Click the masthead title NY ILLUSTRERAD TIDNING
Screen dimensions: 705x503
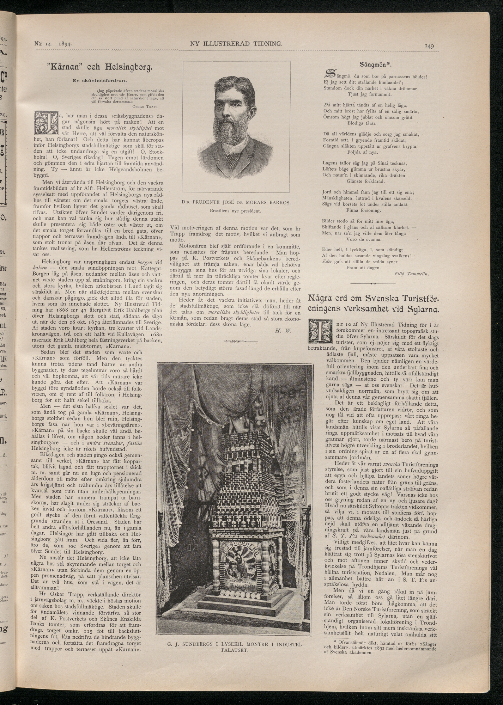click(236, 43)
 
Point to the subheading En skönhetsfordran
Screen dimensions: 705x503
click(100, 80)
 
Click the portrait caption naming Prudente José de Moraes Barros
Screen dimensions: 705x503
click(236, 203)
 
